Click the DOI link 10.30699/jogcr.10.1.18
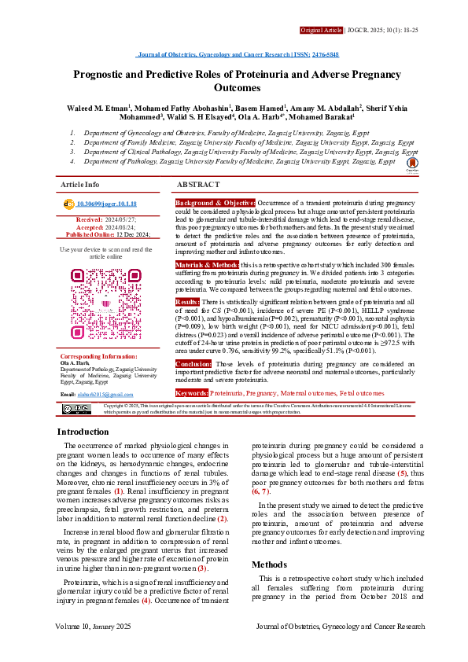(110, 204)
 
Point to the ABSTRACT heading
(199, 184)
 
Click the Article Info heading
(79, 184)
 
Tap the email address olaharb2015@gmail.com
(105, 394)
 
